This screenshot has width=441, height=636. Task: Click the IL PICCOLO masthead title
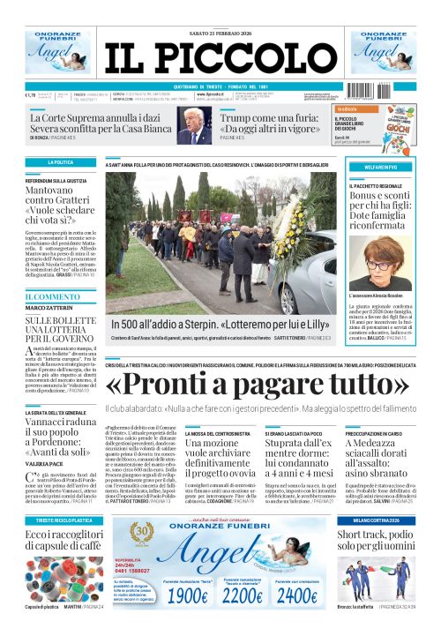pyautogui.click(x=220, y=55)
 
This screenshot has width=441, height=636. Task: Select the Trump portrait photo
pyautogui.click(x=194, y=124)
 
